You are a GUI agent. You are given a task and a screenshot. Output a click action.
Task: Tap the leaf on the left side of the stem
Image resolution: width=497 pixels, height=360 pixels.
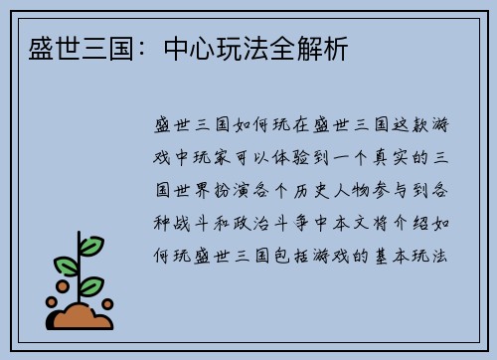[66, 265]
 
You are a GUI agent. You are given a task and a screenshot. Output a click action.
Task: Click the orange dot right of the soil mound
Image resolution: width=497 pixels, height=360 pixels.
[107, 303]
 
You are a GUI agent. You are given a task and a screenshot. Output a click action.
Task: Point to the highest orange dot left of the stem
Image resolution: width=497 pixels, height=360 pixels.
[61, 283]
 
